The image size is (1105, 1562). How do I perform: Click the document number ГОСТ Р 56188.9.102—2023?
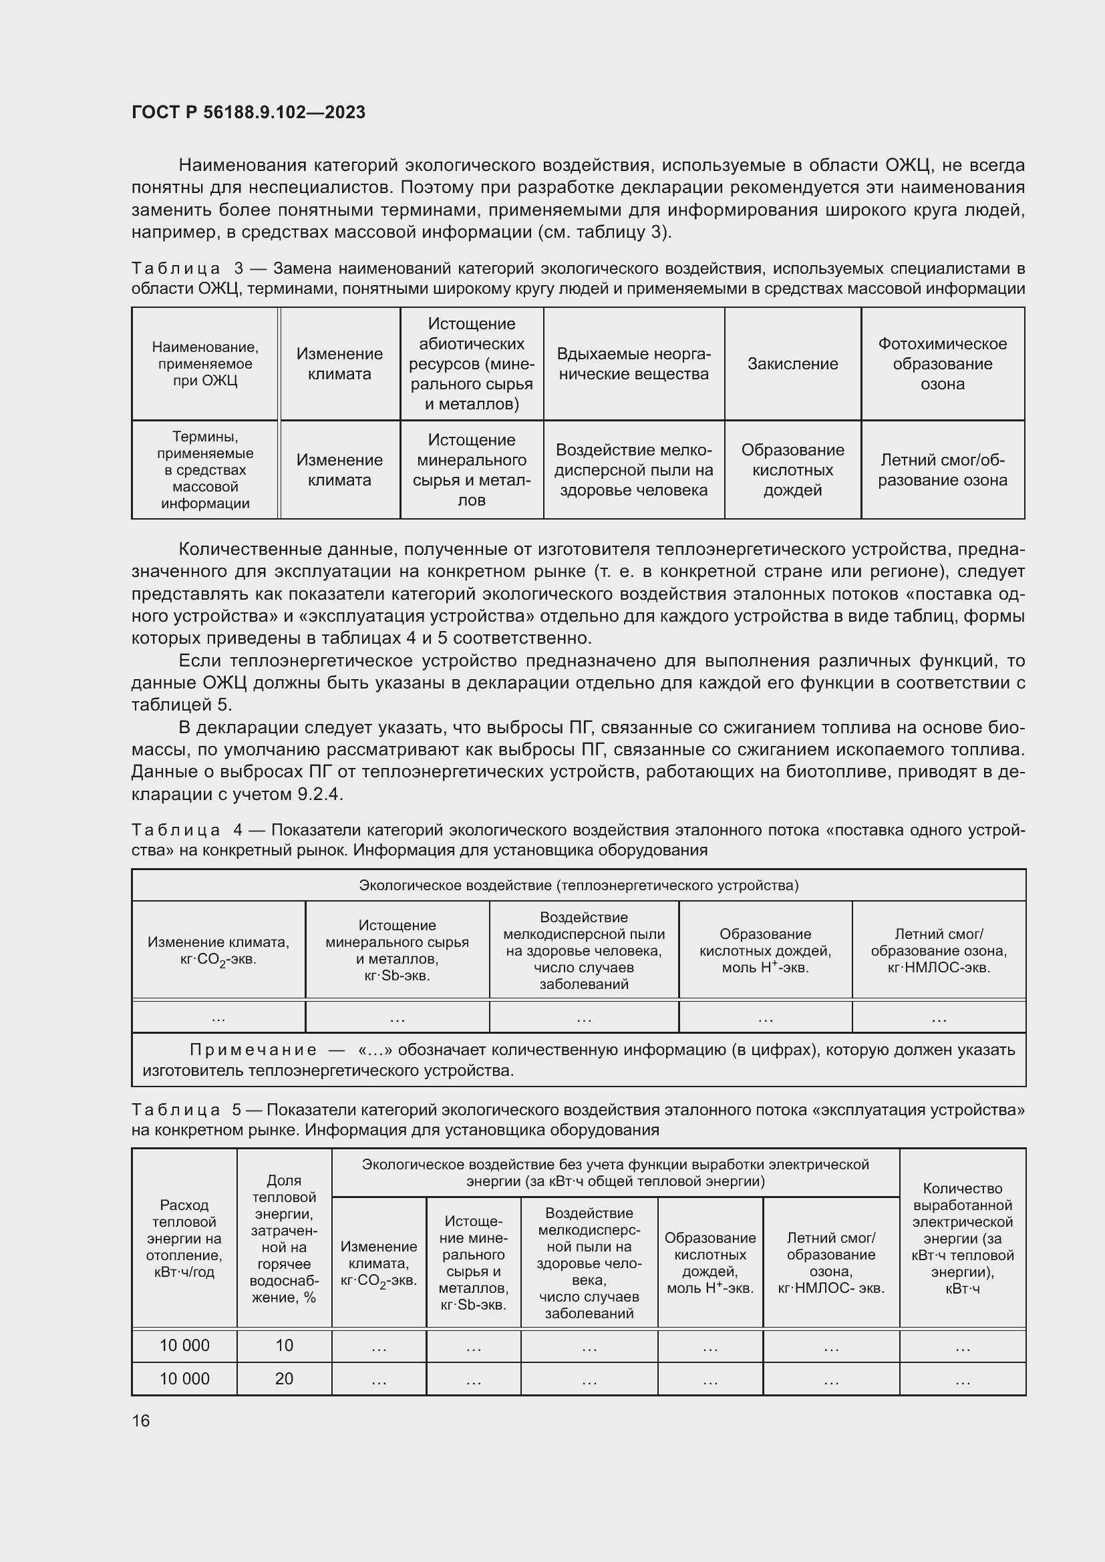(x=249, y=112)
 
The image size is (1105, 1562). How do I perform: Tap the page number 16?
(x=141, y=1420)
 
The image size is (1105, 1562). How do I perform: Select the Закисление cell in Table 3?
(x=792, y=364)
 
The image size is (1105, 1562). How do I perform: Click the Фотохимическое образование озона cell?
(x=942, y=364)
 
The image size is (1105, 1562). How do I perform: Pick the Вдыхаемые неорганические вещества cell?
(x=633, y=364)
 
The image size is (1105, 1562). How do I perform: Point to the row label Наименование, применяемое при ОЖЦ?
(x=205, y=364)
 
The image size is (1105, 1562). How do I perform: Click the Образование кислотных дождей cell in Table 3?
(x=792, y=470)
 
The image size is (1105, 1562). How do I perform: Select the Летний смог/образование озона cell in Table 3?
(x=942, y=470)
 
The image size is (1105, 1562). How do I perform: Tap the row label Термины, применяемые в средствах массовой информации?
(x=205, y=470)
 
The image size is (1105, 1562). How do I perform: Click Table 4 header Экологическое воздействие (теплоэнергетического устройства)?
(x=579, y=885)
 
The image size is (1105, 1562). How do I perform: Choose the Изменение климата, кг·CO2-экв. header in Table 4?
(x=218, y=950)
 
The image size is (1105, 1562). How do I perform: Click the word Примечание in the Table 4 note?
(x=253, y=1050)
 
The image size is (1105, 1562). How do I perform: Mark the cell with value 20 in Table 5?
(x=284, y=1378)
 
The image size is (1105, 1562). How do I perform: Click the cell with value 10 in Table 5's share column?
(x=284, y=1345)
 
